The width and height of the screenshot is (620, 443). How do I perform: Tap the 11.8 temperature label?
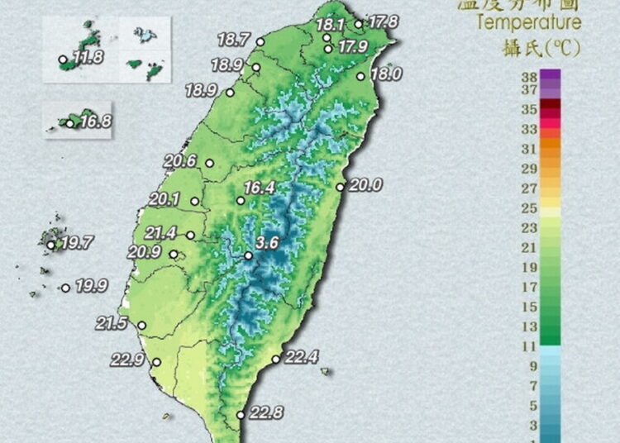[88, 57]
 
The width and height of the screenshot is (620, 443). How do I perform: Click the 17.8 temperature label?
[383, 21]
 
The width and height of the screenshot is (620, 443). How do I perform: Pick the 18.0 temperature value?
[384, 74]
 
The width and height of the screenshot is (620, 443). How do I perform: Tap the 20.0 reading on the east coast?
[365, 186]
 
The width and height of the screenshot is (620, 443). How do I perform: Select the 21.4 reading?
[160, 234]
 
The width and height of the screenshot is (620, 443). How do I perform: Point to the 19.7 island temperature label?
[77, 243]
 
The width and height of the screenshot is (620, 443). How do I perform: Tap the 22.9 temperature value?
[127, 360]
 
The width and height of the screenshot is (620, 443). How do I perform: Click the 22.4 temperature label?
[301, 357]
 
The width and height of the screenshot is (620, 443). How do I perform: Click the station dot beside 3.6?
[248, 255]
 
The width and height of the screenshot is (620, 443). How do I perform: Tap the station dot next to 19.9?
[65, 288]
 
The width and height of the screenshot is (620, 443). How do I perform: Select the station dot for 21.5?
[142, 326]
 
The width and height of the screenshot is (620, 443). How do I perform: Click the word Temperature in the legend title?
[529, 22]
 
